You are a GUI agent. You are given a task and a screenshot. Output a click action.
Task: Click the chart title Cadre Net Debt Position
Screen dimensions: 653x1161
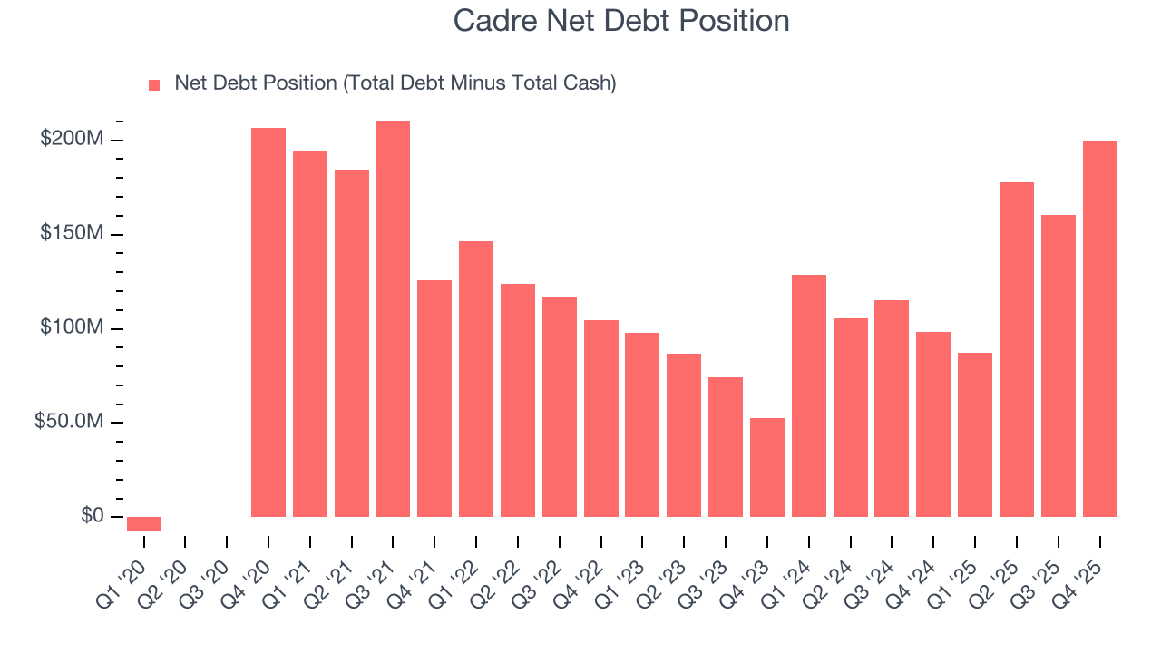click(x=621, y=21)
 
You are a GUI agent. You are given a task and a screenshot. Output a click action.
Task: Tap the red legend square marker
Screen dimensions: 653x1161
click(x=154, y=85)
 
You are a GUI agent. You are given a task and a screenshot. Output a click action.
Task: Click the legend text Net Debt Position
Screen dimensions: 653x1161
click(x=395, y=83)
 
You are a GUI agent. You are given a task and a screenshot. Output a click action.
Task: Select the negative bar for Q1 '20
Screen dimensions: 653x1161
click(x=143, y=523)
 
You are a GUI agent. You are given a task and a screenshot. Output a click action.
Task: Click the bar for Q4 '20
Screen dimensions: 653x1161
click(x=268, y=322)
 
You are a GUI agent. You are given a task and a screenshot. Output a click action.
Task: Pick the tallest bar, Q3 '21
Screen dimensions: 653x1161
click(x=393, y=318)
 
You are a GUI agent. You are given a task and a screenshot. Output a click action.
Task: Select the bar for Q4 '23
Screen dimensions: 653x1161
click(x=767, y=467)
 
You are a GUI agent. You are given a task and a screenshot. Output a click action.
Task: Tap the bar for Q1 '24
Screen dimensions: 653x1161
click(x=809, y=395)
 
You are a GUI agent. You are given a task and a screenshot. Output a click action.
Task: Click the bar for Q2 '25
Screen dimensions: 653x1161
click(x=1017, y=349)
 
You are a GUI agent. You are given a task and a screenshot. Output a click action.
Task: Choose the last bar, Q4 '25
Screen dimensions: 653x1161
click(x=1099, y=329)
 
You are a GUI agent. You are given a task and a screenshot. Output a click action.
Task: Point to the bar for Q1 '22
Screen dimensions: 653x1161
click(x=476, y=379)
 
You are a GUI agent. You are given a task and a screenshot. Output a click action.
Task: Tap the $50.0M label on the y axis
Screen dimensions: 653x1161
click(x=68, y=423)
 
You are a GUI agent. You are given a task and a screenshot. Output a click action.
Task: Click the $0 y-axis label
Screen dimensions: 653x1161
click(x=92, y=516)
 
